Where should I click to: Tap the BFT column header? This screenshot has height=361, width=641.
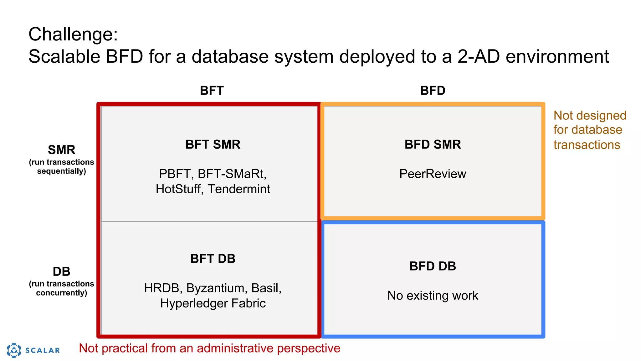[212, 91]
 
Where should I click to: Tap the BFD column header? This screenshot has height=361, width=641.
[433, 91]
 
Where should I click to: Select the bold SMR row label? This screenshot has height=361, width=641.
[61, 150]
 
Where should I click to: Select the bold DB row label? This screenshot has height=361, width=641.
[61, 271]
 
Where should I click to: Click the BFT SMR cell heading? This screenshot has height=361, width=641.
[213, 144]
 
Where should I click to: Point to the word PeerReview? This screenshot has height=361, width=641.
[433, 174]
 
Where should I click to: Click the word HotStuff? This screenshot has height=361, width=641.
[178, 189]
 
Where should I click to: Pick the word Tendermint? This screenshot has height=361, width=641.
[239, 189]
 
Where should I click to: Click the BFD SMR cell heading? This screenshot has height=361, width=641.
[433, 144]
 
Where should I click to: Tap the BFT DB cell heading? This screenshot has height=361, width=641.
[213, 259]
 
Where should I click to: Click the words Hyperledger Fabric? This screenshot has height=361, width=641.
[213, 303]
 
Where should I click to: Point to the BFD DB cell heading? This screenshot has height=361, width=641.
[433, 266]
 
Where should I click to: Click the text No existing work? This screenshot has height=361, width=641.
[433, 296]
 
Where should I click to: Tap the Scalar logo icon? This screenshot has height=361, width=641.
[14, 350]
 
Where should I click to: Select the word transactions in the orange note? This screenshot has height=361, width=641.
[587, 145]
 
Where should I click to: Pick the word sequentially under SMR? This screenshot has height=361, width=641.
[61, 171]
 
